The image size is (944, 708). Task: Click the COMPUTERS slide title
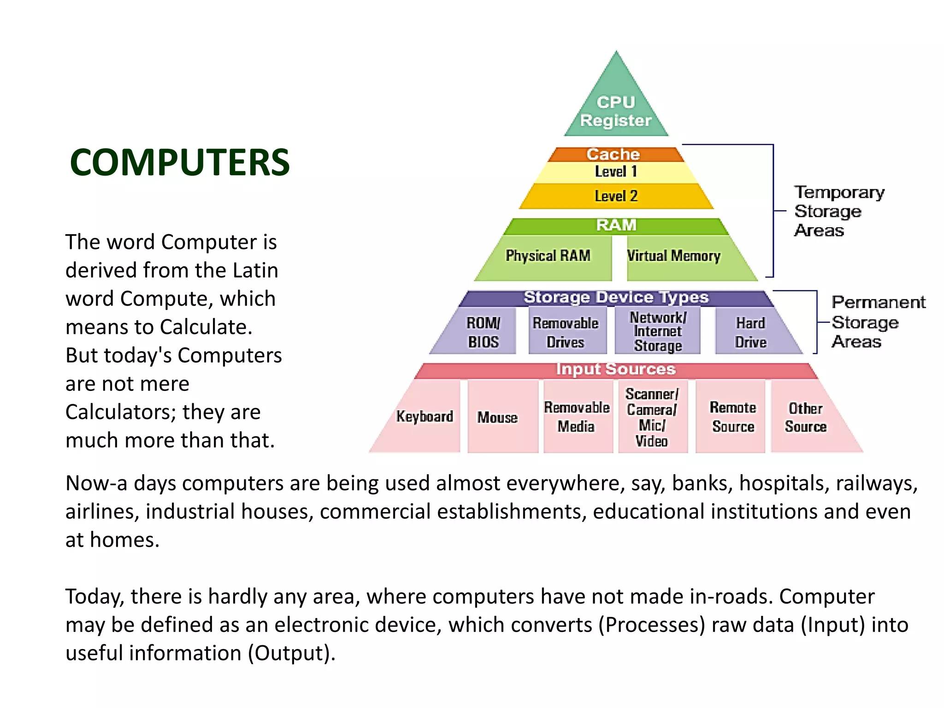tap(180, 162)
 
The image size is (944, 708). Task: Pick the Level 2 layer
tap(616, 196)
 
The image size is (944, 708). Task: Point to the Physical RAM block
tap(548, 256)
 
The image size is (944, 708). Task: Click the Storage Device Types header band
tap(616, 298)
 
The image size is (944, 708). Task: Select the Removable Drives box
tap(566, 332)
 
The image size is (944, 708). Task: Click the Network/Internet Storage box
tap(658, 331)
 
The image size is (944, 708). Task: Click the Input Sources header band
tap(616, 370)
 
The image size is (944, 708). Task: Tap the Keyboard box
tap(425, 417)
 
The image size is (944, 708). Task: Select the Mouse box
tap(498, 418)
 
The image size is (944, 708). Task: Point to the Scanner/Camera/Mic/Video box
tap(652, 417)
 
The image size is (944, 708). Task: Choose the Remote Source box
tap(733, 417)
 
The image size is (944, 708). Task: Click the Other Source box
tap(806, 417)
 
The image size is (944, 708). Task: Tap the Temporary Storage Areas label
tap(839, 211)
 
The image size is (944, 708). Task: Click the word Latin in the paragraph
tap(255, 271)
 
